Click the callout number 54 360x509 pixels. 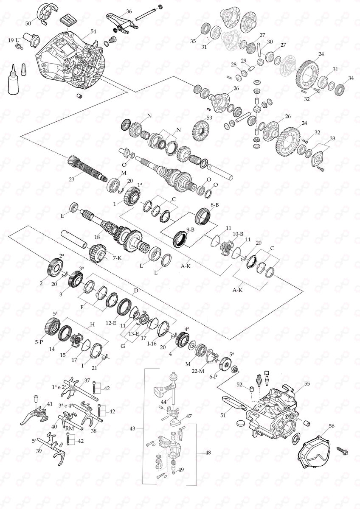tap(93, 32)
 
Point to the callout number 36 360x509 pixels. tap(129, 11)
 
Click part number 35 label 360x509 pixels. tap(193, 41)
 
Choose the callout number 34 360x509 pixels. tap(350, 78)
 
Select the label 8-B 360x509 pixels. tap(214, 204)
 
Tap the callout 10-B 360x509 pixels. tap(237, 233)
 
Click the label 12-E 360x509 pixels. tap(112, 323)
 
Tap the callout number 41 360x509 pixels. tap(50, 404)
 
